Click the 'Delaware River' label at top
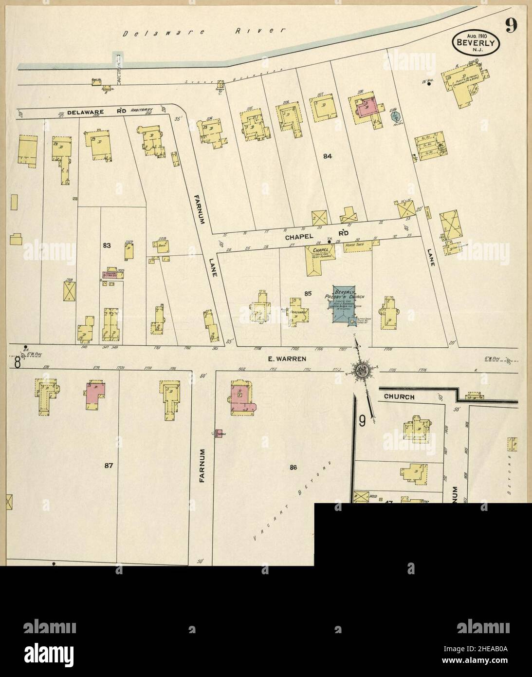point(204,32)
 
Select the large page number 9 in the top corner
point(511,24)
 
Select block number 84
point(327,156)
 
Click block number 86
point(293,468)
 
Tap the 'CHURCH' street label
point(399,396)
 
